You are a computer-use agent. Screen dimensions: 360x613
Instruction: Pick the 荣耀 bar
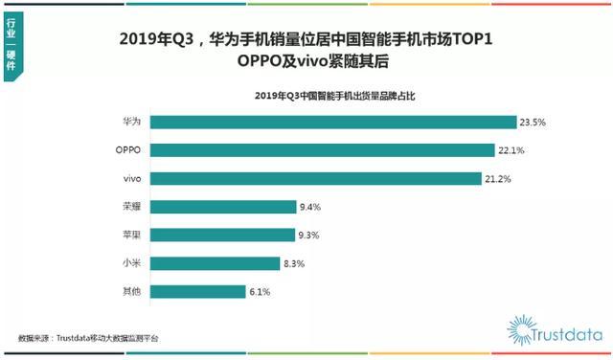tap(223, 207)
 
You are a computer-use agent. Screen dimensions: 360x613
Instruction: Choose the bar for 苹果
tap(222, 235)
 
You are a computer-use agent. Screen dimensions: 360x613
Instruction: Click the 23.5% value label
tap(534, 123)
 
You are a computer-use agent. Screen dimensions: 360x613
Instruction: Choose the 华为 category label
tap(133, 123)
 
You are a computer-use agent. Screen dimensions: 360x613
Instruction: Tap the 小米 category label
tap(133, 262)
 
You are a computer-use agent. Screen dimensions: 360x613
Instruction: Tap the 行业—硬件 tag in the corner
tap(11, 46)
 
